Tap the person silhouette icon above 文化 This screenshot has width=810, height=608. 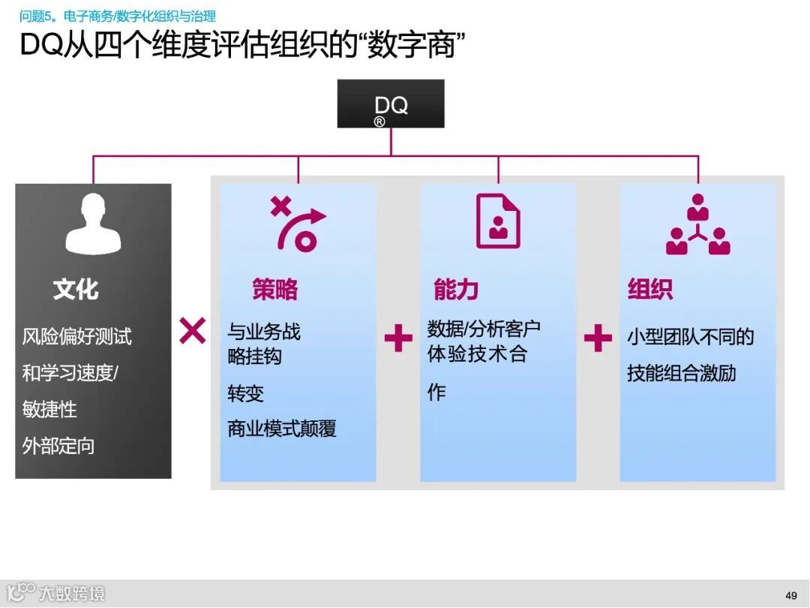pyautogui.click(x=93, y=224)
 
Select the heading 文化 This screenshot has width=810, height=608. pyautogui.click(x=76, y=290)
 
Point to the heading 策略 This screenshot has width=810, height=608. pyautogui.click(x=275, y=290)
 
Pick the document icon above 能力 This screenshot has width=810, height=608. pyautogui.click(x=498, y=221)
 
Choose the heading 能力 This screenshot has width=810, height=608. pyautogui.click(x=456, y=290)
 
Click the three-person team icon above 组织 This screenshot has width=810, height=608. pyautogui.click(x=697, y=224)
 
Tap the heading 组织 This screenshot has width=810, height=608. pyautogui.click(x=649, y=290)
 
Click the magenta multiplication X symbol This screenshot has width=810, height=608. pyautogui.click(x=193, y=330)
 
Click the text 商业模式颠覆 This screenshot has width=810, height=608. pyautogui.click(x=282, y=429)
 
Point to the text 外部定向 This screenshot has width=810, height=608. pyautogui.click(x=58, y=446)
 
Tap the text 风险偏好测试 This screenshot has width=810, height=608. pyautogui.click(x=76, y=336)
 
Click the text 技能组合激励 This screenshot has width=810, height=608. pyautogui.click(x=682, y=373)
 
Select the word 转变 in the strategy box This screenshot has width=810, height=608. pyautogui.click(x=246, y=393)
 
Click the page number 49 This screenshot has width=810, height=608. pyautogui.click(x=791, y=595)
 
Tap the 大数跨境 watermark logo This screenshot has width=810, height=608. pyautogui.click(x=56, y=593)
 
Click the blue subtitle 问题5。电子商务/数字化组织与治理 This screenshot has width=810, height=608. pyautogui.click(x=118, y=16)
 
